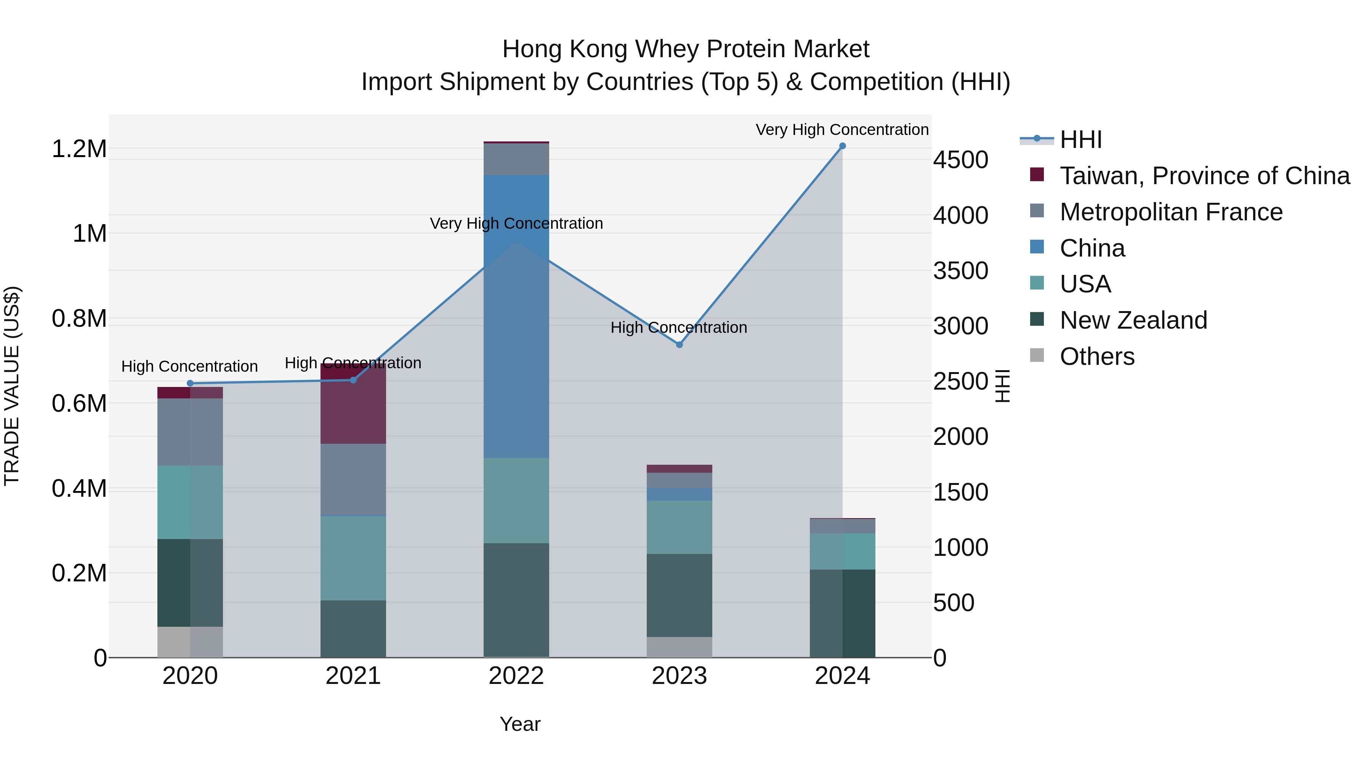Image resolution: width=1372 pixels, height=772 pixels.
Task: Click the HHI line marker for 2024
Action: pos(842,146)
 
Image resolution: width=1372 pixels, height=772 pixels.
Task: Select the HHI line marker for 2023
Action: pos(679,345)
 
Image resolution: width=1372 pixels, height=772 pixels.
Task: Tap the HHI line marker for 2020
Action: pos(190,383)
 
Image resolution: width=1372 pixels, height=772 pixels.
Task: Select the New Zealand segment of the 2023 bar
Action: pos(679,595)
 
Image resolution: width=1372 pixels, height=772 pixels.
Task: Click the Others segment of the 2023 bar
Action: pos(679,647)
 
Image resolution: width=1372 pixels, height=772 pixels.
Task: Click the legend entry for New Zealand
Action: pos(1133,320)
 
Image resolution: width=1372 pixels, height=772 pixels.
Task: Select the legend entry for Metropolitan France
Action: pos(1171,212)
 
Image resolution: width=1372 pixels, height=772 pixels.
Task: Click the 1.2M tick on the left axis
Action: pos(79,149)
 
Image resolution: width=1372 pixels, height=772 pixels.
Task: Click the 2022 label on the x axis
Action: pos(516,676)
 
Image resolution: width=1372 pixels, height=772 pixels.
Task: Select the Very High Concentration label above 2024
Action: pos(841,130)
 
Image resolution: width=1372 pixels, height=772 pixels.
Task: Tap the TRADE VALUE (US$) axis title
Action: pos(12,386)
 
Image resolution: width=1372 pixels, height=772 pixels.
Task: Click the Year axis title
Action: pos(520,724)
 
